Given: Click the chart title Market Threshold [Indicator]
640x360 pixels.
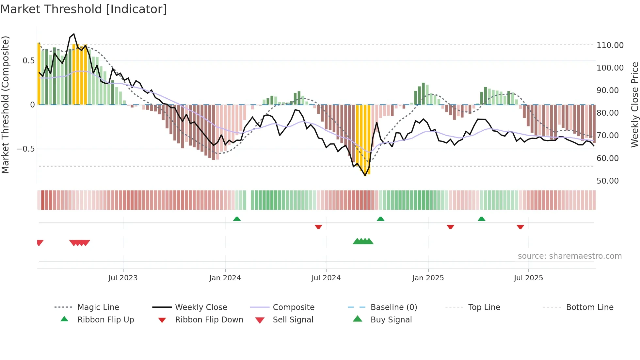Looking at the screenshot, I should (x=84, y=9).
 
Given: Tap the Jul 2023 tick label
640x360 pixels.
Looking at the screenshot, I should (x=123, y=278).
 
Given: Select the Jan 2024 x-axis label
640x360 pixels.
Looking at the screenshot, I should (x=225, y=278).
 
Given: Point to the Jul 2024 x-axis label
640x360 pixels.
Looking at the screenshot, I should (x=326, y=278).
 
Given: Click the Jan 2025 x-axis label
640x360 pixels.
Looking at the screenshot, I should (x=428, y=278).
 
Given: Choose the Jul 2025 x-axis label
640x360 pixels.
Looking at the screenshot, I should (x=528, y=278).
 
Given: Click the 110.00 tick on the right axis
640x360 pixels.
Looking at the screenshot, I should (x=610, y=45).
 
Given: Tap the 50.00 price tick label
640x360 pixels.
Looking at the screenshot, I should (x=607, y=181).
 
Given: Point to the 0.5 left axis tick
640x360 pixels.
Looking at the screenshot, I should (x=28, y=61).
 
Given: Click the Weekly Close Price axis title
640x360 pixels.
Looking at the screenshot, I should (x=634, y=105).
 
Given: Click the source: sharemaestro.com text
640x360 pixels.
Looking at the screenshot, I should (x=569, y=256).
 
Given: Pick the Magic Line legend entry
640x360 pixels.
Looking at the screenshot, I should (x=98, y=307).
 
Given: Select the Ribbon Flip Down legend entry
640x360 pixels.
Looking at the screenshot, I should (x=209, y=320).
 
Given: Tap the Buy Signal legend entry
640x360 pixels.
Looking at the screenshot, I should (x=391, y=320).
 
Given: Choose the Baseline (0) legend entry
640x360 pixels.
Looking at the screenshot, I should (x=393, y=307).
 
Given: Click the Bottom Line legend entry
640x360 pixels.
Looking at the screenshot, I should (x=589, y=307).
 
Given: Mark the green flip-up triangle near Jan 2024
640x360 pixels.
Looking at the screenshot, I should (x=237, y=219).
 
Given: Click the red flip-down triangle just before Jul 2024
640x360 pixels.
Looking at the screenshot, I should (x=318, y=227).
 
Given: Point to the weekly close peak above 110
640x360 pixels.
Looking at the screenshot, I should (x=74, y=34).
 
